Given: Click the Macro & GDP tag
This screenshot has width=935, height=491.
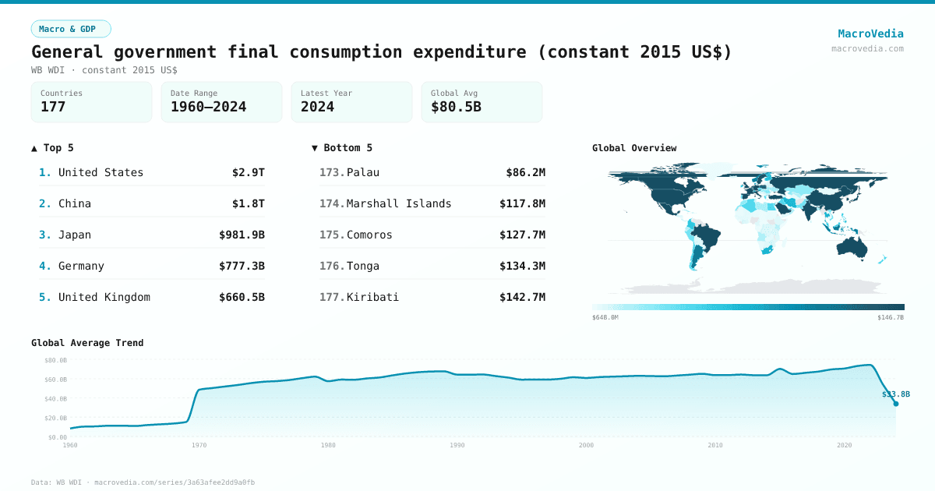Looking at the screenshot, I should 71,29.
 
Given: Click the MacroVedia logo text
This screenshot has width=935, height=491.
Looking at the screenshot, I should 870,34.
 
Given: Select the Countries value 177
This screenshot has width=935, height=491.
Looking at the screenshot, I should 53,107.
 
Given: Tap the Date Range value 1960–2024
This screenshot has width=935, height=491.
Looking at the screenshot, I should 208,107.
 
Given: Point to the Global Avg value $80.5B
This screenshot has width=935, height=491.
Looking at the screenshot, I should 456,107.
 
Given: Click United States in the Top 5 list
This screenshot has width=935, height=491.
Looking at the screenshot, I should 101,172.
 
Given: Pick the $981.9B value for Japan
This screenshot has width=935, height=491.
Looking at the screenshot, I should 242,235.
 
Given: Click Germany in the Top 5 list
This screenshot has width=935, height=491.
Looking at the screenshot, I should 81,266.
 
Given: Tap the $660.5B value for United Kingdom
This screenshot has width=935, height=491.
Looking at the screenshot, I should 242,297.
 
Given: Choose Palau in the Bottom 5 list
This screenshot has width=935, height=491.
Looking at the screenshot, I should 363,172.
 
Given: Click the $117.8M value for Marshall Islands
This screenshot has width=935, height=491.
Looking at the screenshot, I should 522,203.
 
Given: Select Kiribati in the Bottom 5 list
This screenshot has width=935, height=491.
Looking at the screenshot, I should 372,297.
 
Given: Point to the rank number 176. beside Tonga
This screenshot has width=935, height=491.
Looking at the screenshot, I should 332,266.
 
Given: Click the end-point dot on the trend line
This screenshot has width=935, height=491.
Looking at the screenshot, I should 895,404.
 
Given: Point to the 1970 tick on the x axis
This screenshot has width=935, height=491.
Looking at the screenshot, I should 199,445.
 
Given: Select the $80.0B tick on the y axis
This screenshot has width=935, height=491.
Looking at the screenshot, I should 55,360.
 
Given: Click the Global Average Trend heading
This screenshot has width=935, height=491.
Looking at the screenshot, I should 87,343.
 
